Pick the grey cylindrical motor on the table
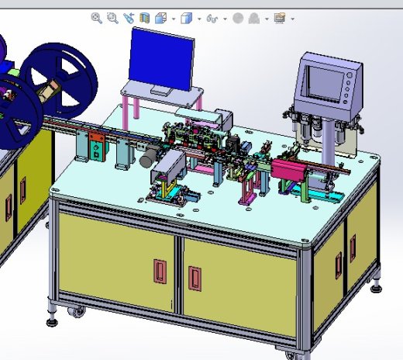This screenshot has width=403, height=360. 147,157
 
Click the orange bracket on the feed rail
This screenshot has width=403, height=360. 96,149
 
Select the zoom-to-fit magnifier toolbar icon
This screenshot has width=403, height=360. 96,18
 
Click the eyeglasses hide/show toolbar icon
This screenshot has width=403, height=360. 210,18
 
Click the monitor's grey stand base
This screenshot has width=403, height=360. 164,92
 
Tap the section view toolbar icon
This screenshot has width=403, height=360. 144,18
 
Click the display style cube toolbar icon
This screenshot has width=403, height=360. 186,18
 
